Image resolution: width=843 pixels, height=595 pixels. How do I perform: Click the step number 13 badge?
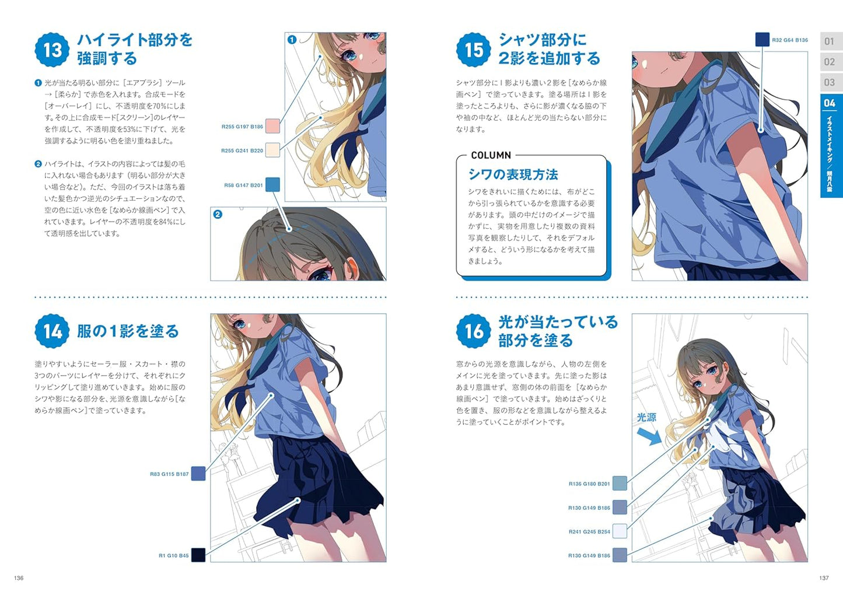52,50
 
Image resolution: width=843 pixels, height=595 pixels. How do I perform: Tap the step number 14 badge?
52,331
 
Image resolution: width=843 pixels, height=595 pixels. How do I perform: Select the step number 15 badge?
474,50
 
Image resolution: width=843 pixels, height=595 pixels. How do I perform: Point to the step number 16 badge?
474,331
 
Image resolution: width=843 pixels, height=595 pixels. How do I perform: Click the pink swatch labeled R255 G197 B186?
272,126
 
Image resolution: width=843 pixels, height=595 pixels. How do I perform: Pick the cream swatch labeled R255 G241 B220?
272,150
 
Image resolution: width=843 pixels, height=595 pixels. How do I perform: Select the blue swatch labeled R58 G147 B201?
272,184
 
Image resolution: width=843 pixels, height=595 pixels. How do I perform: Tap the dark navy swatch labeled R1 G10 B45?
198,555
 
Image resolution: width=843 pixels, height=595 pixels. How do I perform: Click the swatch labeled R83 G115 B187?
198,474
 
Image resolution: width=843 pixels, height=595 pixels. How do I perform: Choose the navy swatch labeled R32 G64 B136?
762,40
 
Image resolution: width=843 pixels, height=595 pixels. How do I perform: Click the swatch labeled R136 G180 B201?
620,483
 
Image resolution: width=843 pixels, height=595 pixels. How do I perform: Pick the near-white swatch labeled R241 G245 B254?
620,531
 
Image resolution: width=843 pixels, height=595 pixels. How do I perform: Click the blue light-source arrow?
649,437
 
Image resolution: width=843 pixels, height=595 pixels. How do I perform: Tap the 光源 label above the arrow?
646,417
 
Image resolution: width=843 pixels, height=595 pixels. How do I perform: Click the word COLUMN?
491,155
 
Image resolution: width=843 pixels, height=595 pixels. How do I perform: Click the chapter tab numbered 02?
830,62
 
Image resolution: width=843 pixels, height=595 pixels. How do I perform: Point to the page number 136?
19,577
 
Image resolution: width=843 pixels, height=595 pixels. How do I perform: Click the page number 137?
824,577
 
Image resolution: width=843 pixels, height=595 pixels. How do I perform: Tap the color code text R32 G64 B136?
790,40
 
